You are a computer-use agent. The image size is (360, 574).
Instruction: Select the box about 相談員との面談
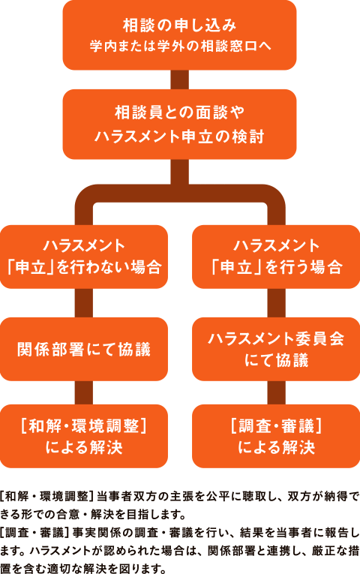tap(179, 124)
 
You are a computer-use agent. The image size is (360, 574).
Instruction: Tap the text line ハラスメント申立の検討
tap(179, 137)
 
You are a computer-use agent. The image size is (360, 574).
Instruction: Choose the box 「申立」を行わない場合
tap(84, 257)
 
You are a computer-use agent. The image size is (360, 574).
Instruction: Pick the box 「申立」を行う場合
tap(276, 257)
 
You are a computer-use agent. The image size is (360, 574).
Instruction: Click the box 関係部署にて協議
tap(84, 349)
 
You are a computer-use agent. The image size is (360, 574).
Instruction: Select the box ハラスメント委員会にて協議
tap(276, 349)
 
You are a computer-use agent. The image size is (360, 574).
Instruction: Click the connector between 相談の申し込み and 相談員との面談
tap(179, 79)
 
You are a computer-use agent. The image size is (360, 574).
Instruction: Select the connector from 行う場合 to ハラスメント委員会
tap(276, 303)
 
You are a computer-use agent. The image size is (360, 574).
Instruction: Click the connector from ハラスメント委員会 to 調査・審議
tap(276, 393)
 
